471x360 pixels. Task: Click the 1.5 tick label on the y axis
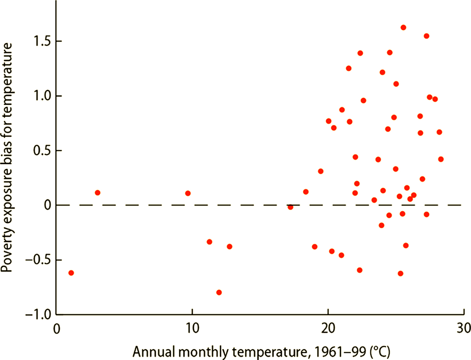coord(42,41)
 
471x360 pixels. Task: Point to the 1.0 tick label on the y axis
coord(42,96)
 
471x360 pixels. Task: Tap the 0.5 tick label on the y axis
coord(42,151)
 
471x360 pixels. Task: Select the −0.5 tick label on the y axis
coord(38,260)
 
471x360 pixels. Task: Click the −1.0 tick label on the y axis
coord(38,315)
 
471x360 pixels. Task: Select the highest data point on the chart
coord(403,28)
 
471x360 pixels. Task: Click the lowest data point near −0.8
coord(219,292)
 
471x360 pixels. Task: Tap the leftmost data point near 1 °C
coord(71,273)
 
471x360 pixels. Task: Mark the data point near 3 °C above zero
coord(98,193)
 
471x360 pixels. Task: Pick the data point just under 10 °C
coord(188,193)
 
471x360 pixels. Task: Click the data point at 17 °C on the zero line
coord(290,207)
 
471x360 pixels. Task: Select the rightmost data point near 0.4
coord(441,159)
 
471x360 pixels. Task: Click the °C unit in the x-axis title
coord(380,352)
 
